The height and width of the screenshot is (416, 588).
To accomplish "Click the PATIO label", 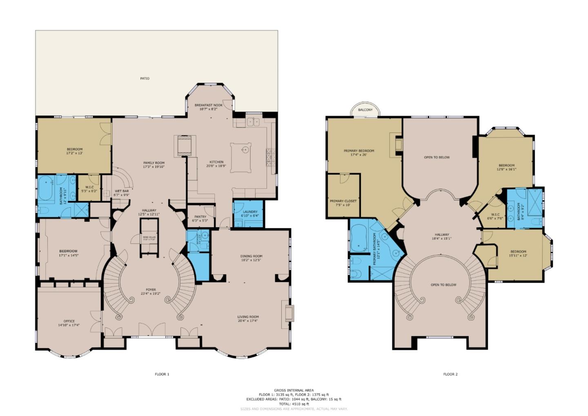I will click(x=145, y=78).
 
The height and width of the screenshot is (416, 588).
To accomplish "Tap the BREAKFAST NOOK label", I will click(x=208, y=105).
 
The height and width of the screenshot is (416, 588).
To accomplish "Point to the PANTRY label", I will click(x=200, y=217).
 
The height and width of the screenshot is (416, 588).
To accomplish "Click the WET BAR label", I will click(x=122, y=191).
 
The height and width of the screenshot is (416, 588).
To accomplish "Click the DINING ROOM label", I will click(x=251, y=256).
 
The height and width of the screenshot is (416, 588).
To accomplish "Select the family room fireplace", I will click(x=183, y=145).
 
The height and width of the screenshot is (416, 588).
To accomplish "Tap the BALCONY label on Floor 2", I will click(x=365, y=110).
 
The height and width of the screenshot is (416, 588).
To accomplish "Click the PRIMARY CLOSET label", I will click(x=343, y=201).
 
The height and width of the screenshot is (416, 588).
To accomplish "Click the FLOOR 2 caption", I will click(x=450, y=374).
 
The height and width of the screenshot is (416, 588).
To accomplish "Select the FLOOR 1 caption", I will click(x=162, y=374).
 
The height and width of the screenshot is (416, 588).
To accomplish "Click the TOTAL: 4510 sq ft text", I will click(x=294, y=404).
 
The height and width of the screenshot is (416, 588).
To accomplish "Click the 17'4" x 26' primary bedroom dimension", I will click(x=359, y=155).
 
